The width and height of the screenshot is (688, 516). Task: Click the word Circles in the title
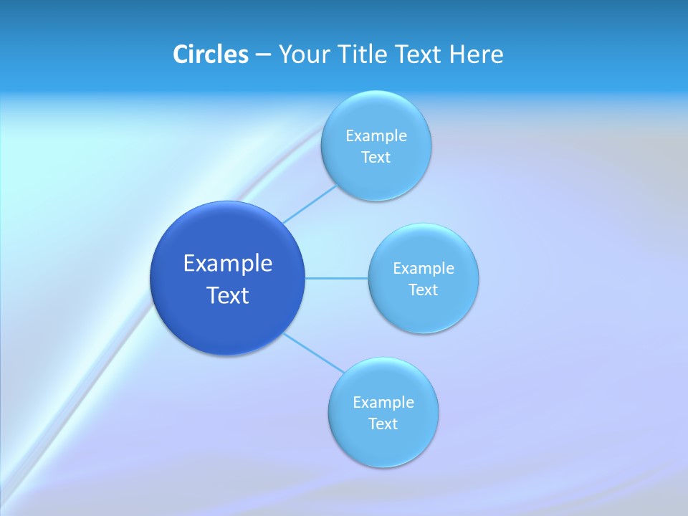click(210, 54)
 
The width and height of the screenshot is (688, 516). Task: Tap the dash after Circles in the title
click(262, 55)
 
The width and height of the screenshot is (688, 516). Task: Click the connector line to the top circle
click(310, 204)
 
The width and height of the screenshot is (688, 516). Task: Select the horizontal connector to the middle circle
click(336, 278)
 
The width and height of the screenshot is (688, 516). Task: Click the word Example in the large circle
click(228, 264)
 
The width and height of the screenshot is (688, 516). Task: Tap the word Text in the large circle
click(228, 295)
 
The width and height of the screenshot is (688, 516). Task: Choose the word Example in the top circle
click(376, 136)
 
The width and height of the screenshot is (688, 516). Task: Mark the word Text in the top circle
click(376, 158)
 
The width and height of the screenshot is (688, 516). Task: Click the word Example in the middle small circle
click(423, 269)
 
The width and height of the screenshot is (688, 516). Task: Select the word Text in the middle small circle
click(423, 290)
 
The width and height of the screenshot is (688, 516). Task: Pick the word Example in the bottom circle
click(383, 403)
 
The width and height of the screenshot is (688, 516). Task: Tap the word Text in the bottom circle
click(383, 424)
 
